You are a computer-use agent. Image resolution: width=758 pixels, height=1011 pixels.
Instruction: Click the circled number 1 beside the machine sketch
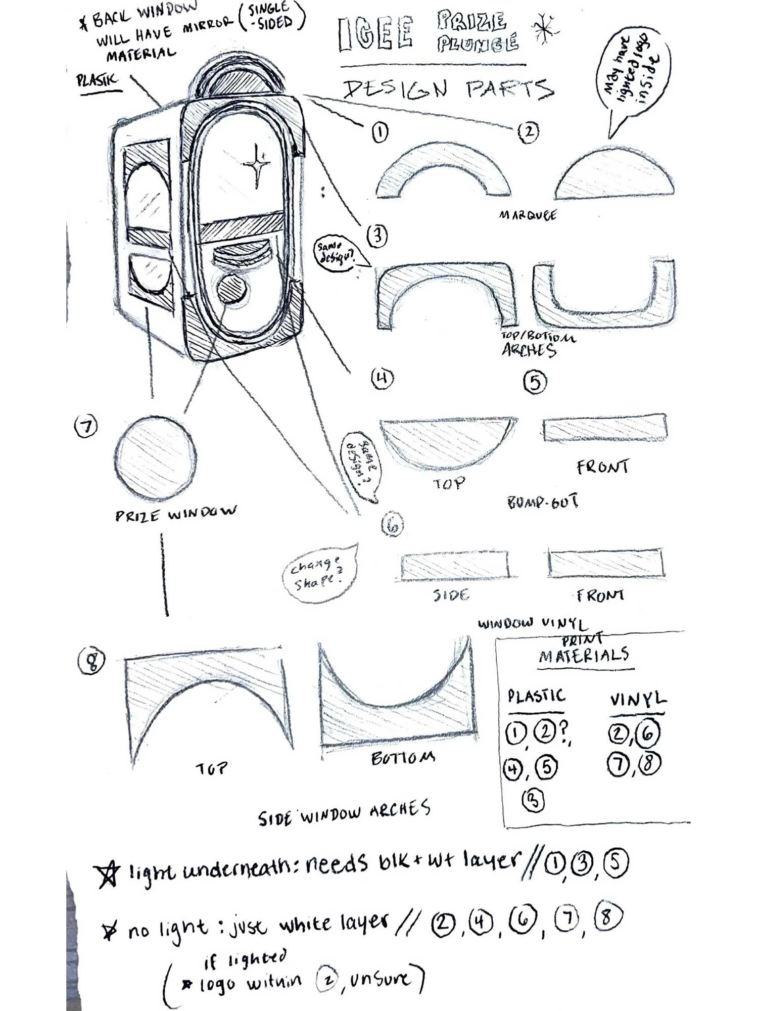pyautogui.click(x=380, y=132)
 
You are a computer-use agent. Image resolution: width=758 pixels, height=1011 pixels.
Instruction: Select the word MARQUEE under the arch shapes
pyautogui.click(x=528, y=215)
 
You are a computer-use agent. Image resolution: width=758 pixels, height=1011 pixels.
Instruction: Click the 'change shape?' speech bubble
pyautogui.click(x=318, y=574)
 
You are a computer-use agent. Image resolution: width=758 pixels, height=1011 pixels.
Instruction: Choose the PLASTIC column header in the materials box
pyautogui.click(x=536, y=697)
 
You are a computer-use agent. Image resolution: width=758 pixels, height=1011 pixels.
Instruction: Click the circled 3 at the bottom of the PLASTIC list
pyautogui.click(x=534, y=800)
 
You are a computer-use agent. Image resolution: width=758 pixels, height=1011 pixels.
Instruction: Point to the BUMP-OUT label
pyautogui.click(x=542, y=502)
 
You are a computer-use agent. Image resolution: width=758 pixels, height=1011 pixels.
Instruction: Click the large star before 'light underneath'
pyautogui.click(x=108, y=875)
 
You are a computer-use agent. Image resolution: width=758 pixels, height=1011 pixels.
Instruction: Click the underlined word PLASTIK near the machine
pyautogui.click(x=97, y=80)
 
